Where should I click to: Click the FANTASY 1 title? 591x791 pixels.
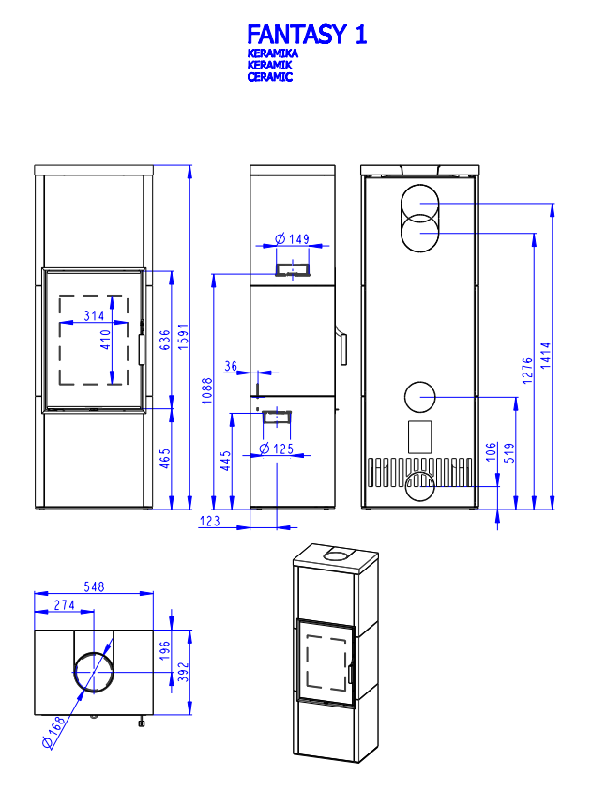click(x=306, y=36)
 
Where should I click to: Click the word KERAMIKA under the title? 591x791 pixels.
click(x=273, y=55)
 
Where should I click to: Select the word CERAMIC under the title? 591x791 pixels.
click(x=270, y=77)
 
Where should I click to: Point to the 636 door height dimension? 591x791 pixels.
click(x=166, y=340)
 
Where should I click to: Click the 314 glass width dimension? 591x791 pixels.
click(x=94, y=316)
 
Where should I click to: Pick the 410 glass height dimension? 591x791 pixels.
click(x=106, y=338)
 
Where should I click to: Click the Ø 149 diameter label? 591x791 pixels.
click(x=293, y=239)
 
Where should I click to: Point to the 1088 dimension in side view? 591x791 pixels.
click(x=208, y=389)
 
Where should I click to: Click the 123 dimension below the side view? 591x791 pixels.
click(x=210, y=521)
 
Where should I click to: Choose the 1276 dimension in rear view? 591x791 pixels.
click(x=527, y=370)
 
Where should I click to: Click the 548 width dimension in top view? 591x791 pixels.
click(x=93, y=586)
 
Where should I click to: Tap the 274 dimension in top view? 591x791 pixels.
click(x=64, y=605)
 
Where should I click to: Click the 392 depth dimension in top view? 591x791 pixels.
click(x=184, y=672)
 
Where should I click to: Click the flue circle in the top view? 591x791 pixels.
click(x=95, y=671)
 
